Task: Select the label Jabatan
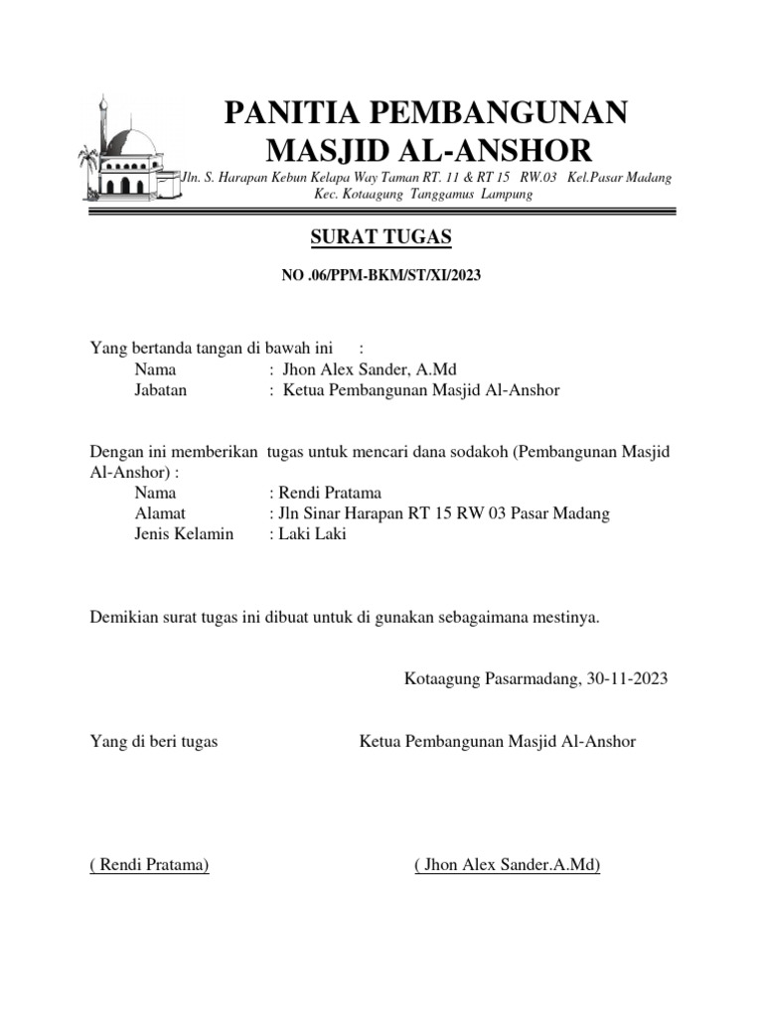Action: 161,390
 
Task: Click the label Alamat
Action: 160,513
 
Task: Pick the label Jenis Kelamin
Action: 184,534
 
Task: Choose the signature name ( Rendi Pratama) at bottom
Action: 149,865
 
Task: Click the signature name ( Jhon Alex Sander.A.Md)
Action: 508,865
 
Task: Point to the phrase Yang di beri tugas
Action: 154,741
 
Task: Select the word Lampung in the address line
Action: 507,195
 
